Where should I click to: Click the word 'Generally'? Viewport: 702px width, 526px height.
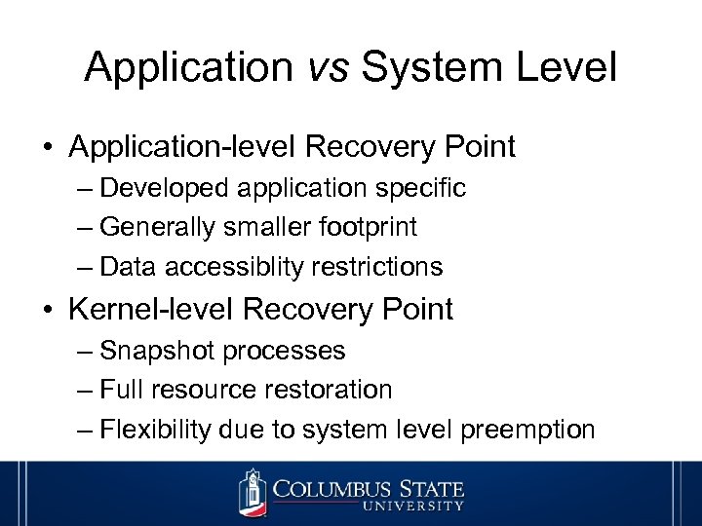[158, 227]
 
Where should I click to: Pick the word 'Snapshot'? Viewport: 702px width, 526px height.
[154, 350]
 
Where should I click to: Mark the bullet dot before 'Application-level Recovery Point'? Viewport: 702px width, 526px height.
[48, 148]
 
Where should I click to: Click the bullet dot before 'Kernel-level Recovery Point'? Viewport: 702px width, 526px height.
[48, 311]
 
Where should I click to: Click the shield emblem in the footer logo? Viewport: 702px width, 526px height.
[253, 492]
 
